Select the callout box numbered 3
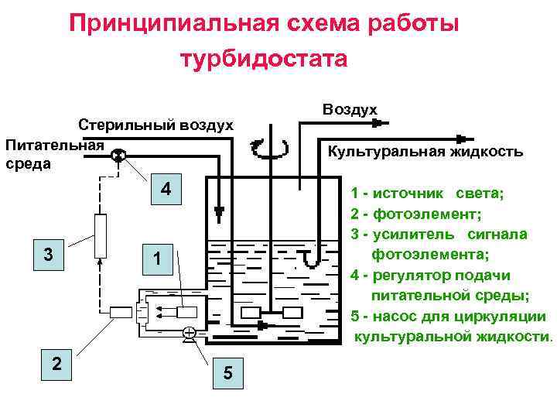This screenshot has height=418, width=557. point(49,255)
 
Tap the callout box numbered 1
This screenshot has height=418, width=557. point(156,260)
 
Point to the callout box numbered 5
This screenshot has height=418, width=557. point(227,373)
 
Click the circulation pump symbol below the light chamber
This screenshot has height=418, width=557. point(189,334)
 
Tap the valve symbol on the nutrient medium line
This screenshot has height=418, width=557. point(117,156)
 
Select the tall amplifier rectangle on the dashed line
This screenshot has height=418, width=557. point(99,235)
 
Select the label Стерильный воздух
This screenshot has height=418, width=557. point(155,125)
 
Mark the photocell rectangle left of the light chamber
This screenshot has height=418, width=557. point(121,313)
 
